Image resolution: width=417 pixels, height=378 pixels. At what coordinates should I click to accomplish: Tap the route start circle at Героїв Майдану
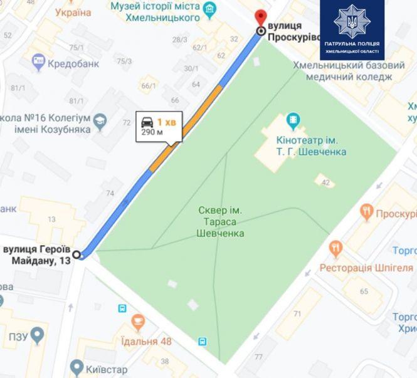point(77,255)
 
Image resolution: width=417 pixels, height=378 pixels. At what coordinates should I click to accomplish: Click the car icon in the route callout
point(147,122)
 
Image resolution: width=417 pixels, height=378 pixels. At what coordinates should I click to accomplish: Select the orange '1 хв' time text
point(166,122)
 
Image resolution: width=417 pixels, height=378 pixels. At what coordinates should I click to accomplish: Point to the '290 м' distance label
point(151,133)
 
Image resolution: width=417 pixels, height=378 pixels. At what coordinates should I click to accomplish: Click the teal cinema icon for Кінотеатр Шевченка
point(293,118)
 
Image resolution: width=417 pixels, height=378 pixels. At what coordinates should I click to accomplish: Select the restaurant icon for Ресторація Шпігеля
point(337,249)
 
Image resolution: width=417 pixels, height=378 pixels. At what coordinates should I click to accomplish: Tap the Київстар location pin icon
point(77,366)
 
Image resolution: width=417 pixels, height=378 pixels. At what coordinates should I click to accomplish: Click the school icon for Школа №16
point(99,119)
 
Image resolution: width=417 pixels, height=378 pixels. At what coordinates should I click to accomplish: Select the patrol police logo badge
point(352,29)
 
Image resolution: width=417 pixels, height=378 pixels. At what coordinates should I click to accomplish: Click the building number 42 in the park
point(325,182)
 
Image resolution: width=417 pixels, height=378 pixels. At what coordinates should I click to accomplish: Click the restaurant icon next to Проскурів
point(367,213)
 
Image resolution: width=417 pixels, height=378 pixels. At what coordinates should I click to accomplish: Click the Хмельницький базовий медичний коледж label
point(349,70)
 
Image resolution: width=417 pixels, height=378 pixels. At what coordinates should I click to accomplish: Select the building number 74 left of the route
point(110,193)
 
